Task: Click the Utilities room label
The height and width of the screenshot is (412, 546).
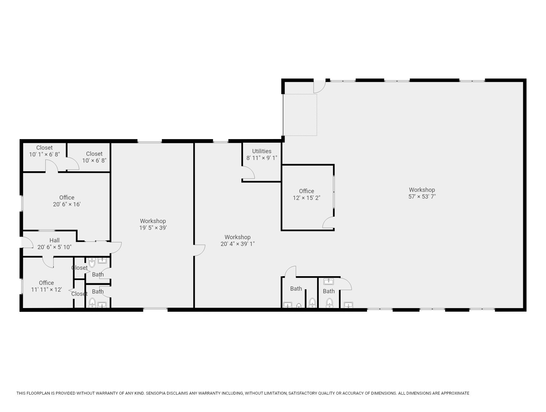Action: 261,151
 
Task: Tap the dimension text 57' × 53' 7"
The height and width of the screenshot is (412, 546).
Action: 422,197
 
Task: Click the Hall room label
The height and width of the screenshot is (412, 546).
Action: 54,240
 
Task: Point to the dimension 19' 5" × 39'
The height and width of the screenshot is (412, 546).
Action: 153,228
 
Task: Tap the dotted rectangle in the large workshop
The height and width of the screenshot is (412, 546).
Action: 300,115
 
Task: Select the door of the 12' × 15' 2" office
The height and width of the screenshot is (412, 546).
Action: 329,223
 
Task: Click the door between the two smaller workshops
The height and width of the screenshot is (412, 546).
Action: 200,250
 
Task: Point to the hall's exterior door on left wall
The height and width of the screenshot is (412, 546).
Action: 26,243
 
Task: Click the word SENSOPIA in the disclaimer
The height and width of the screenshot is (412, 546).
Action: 157,393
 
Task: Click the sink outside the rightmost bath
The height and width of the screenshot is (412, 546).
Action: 348,305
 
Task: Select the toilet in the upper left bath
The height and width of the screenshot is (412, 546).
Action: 92,263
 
